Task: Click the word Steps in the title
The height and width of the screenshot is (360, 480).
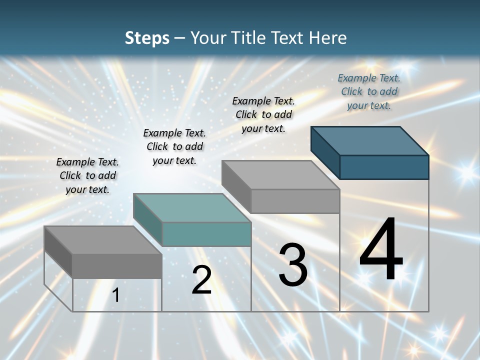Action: tap(147, 38)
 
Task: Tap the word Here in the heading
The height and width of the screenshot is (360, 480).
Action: tap(328, 38)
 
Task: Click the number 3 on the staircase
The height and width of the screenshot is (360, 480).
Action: tap(293, 265)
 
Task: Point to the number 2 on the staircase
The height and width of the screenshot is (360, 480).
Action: tap(201, 280)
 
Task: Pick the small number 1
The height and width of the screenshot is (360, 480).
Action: tap(116, 295)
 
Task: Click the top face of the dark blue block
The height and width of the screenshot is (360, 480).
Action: tap(369, 140)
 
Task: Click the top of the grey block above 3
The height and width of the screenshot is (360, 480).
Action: tap(280, 174)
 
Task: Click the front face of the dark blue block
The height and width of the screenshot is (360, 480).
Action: tap(384, 167)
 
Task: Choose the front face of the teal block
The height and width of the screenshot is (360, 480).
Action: tap(206, 234)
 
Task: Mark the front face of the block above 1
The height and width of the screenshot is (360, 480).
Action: tap(117, 266)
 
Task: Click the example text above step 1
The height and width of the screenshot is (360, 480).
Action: tap(87, 175)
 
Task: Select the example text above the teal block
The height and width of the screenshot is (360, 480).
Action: tap(174, 146)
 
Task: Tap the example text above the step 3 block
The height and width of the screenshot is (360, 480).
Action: tap(263, 114)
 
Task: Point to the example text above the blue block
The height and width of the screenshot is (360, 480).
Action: tap(369, 91)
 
